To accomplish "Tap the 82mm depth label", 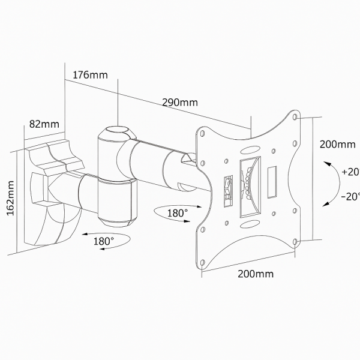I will [x=44, y=124].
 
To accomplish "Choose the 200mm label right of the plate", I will [x=337, y=145].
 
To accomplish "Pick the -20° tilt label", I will [x=350, y=196].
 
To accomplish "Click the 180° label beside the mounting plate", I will [x=177, y=212].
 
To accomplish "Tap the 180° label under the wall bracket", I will [x=103, y=241].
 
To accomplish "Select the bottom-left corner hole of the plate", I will [x=203, y=262].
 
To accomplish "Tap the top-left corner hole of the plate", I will [x=202, y=134].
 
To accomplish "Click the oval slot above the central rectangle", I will [x=248, y=148].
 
